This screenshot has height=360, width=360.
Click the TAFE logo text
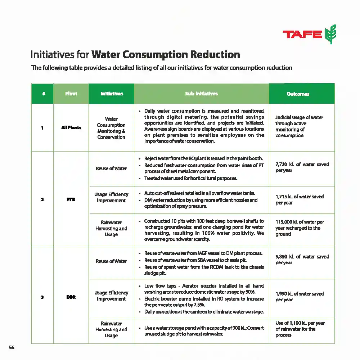point(302,35)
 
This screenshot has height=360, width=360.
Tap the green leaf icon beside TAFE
point(330,35)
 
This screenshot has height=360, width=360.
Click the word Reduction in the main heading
point(215,55)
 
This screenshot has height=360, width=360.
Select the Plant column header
point(71,94)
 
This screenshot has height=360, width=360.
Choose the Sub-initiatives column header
point(201,94)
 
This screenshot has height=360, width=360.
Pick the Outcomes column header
point(298,94)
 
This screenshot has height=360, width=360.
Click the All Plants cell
point(71,127)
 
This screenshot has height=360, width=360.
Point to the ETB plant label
point(71,199)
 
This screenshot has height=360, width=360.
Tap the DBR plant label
point(71,297)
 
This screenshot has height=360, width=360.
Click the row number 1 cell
point(42,127)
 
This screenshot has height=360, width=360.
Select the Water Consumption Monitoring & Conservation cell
point(111,128)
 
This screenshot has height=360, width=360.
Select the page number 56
point(12,347)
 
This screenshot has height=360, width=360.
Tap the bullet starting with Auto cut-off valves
point(200,193)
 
